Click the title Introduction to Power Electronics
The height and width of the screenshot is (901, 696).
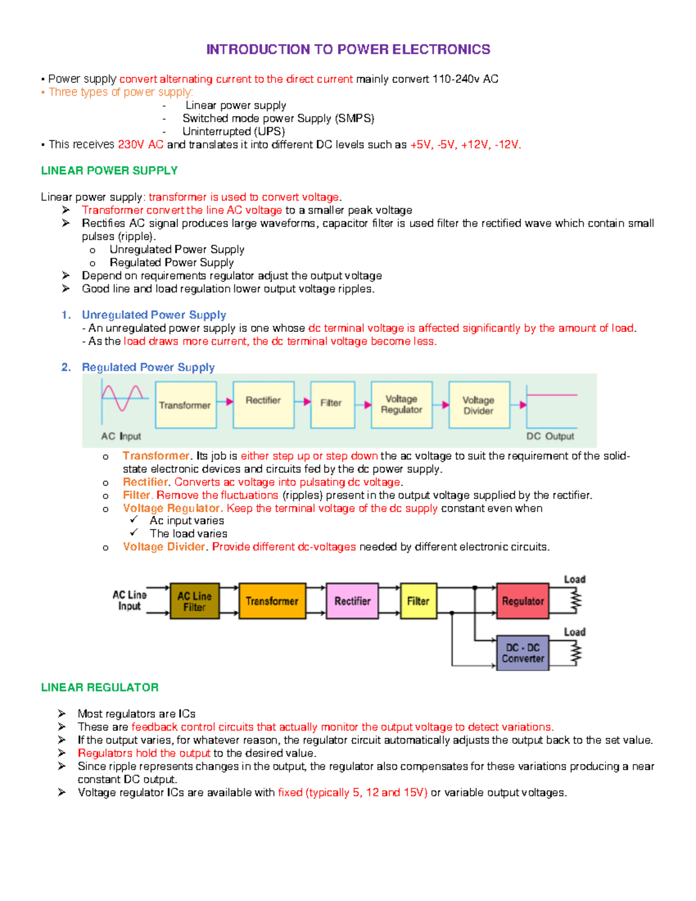pos(348,49)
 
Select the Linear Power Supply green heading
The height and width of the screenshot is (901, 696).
pos(109,171)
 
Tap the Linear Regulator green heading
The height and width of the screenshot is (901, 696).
pos(100,687)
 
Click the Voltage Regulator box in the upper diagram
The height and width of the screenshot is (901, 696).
pos(401,404)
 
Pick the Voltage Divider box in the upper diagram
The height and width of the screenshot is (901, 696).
pos(478,405)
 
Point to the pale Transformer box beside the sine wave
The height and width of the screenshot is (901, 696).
pos(186,405)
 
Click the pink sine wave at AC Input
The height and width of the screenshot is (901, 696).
pos(122,397)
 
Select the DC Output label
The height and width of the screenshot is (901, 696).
pos(550,436)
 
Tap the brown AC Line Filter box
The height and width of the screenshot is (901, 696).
pos(194,601)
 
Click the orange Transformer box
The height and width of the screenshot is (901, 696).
pos(271,601)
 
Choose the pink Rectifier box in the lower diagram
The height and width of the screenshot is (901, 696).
pos(352,601)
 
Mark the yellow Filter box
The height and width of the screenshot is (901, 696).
pos(418,601)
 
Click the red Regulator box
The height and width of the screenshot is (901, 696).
pos(523,601)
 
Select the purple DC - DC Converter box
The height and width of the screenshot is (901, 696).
pos(523,653)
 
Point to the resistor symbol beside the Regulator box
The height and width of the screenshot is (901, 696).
pos(575,601)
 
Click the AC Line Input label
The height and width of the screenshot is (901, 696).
pos(129,600)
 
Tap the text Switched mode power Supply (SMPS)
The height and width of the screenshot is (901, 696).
pos(278,118)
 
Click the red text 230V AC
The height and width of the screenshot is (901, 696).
pos(140,144)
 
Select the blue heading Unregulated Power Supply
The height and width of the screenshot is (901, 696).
pos(154,315)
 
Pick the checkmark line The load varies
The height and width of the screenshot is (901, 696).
pos(188,534)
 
